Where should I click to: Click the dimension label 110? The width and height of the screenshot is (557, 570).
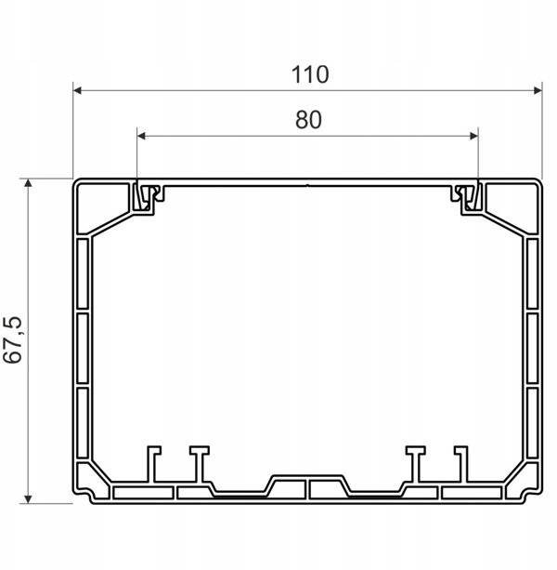pos(310,74)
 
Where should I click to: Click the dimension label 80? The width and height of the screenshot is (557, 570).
pos(308,120)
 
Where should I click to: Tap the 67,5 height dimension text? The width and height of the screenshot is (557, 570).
pos(12,340)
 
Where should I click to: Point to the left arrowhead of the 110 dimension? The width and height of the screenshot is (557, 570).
pos(77,90)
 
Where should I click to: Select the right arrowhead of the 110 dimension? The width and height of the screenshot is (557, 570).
pos(538,90)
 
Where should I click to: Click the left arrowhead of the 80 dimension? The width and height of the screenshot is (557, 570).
pos(141,136)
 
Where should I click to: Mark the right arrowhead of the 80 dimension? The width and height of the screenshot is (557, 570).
pos(473,136)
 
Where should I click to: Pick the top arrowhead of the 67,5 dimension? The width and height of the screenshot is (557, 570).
pos(28,183)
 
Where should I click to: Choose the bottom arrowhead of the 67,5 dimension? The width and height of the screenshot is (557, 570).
pos(28,499)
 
